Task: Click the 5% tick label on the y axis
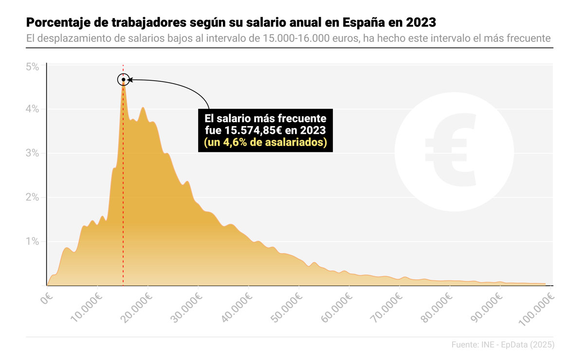[x=32, y=67]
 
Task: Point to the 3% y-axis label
[x=32, y=153]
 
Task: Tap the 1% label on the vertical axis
[x=32, y=242]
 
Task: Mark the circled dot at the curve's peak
[x=124, y=80]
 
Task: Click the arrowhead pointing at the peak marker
[x=130, y=80]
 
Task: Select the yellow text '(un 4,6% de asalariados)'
[x=265, y=143]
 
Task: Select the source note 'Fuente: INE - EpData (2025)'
[x=503, y=344]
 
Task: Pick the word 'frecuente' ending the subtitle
[x=529, y=38]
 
